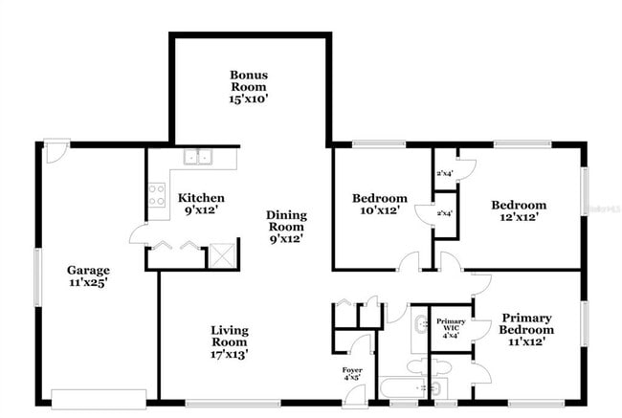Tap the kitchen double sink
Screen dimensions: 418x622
199,158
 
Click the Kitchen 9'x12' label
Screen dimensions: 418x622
201,204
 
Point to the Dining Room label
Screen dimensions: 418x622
285,228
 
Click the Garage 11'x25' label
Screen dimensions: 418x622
87,276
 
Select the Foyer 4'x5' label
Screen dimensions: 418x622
352,372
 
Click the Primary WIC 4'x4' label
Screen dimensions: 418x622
450,327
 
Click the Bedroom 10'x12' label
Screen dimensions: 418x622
380,204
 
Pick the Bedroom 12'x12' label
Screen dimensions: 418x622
519,210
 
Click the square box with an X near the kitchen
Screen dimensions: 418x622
222,254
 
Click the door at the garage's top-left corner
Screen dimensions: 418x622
56,153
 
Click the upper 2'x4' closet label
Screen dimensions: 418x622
444,173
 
